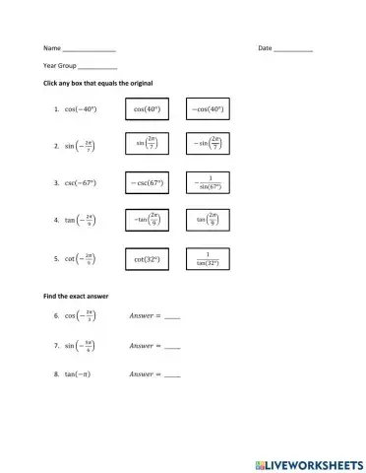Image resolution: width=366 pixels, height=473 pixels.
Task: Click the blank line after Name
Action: (89, 49)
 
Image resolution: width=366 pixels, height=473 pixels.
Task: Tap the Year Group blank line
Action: (97, 67)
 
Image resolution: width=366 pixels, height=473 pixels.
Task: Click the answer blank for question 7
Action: (172, 348)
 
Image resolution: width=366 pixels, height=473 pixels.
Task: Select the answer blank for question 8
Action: (172, 376)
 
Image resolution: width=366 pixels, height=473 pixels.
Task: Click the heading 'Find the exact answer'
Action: (76, 296)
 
